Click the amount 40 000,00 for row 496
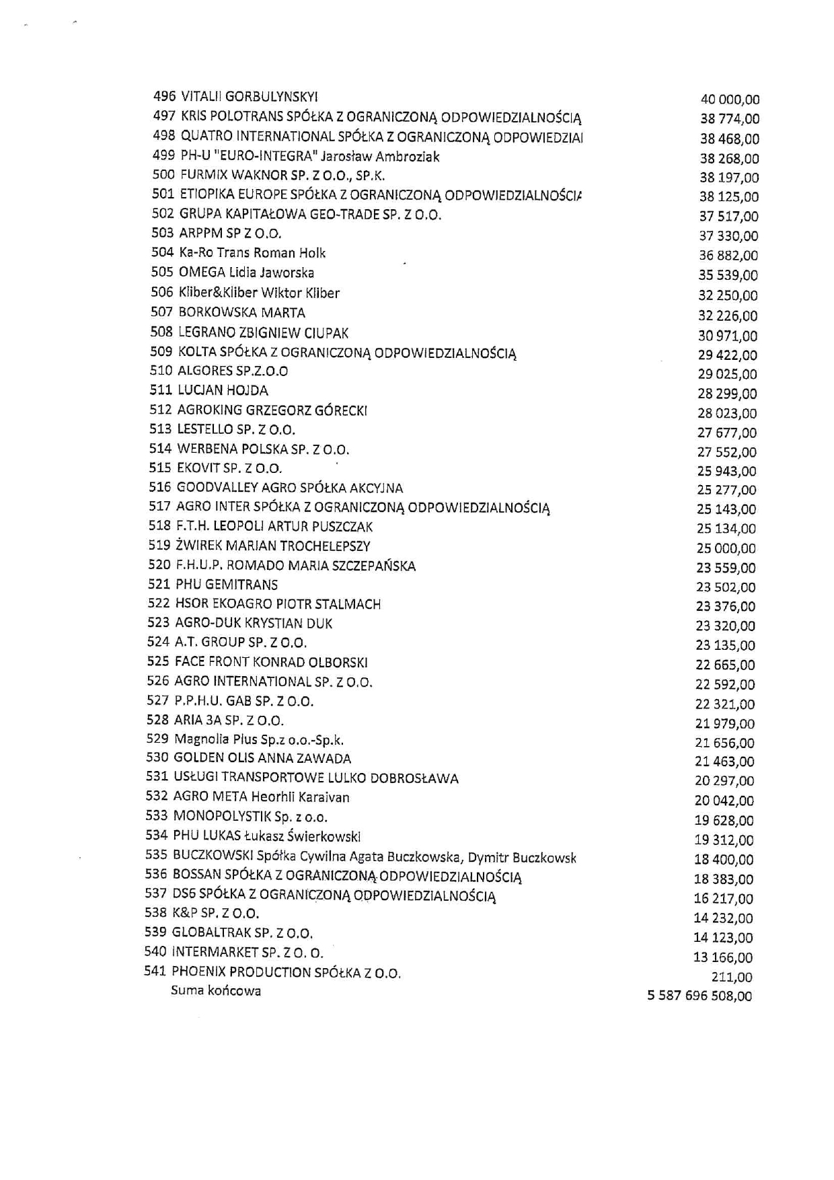(730, 100)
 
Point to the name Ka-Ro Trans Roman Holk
(252, 253)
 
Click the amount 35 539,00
(728, 275)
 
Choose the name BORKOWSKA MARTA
(241, 312)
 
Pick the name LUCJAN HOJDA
(223, 390)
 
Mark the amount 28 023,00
(727, 413)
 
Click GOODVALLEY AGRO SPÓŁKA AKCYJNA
(290, 488)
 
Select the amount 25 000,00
(726, 548)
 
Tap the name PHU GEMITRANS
(227, 585)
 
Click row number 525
(158, 662)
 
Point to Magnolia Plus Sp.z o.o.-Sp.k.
(259, 740)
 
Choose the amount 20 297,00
(724, 781)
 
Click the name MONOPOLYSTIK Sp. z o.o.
(250, 817)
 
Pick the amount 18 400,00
(724, 860)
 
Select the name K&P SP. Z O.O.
(216, 914)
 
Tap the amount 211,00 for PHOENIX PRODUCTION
(732, 977)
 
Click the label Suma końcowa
(216, 991)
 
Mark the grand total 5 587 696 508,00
(699, 996)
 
